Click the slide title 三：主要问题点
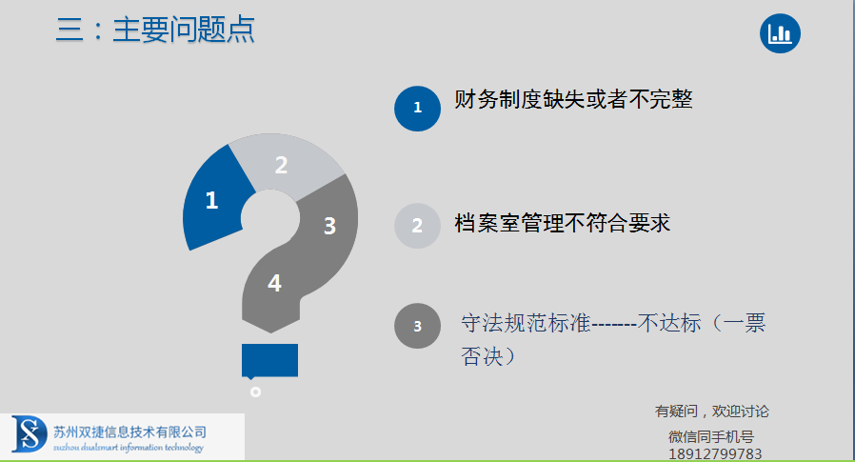[x=155, y=30]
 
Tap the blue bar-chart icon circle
[x=780, y=34]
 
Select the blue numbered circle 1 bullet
[x=417, y=108]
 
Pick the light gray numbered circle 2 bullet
[x=417, y=225]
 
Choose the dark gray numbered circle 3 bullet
[x=417, y=326]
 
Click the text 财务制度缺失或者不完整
[x=573, y=100]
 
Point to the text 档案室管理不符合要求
[x=562, y=223]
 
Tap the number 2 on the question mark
[x=281, y=165]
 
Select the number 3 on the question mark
[x=329, y=226]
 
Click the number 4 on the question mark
[x=274, y=283]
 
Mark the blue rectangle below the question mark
[x=269, y=360]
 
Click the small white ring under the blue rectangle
[x=255, y=392]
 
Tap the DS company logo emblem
[x=29, y=433]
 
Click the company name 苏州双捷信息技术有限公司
[x=129, y=432]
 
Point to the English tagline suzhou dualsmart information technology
[x=129, y=448]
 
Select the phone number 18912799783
[x=715, y=453]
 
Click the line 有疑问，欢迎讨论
[x=711, y=412]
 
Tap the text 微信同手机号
[x=711, y=437]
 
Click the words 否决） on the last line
[x=488, y=356]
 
